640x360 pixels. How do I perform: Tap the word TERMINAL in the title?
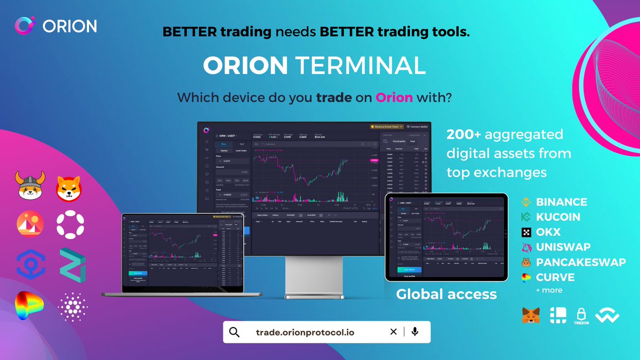(361, 65)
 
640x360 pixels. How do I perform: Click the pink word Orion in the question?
(395, 98)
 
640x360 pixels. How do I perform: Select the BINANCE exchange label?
(561, 202)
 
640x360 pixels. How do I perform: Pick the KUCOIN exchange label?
(558, 217)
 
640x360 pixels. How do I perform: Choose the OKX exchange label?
(548, 232)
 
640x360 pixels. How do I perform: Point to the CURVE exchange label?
(555, 277)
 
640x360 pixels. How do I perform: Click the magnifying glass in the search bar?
(235, 332)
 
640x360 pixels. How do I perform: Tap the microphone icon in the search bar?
(415, 332)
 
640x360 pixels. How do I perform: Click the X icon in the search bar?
(393, 332)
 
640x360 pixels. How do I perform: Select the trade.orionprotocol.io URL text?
(305, 332)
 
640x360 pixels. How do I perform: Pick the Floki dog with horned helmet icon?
(30, 186)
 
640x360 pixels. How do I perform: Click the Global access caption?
(446, 294)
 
